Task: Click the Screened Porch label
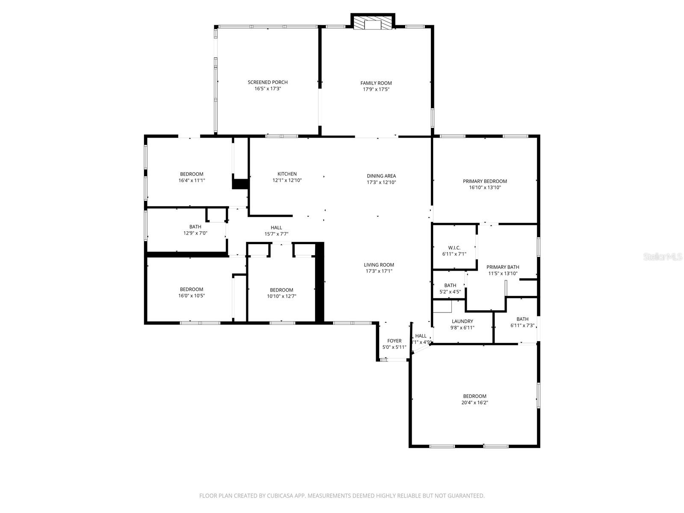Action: coord(268,83)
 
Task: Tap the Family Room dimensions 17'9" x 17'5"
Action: coord(376,89)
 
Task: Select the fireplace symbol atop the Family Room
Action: coord(373,24)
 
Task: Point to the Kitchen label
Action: coord(287,174)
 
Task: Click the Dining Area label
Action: coord(381,176)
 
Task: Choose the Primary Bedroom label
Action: coord(485,181)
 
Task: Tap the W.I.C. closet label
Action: coord(454,248)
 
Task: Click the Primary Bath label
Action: coord(503,267)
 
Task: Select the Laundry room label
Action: coord(462,321)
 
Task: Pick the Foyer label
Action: coord(394,341)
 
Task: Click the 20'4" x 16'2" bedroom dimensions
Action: coord(475,403)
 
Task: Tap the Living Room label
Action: coord(379,265)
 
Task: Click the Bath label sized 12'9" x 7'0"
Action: coord(195,227)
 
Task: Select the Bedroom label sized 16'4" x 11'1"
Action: coord(192,174)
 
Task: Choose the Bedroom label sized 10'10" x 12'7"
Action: coord(281,290)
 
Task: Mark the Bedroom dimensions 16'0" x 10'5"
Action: coord(192,296)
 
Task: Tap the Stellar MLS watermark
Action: coord(663,257)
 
